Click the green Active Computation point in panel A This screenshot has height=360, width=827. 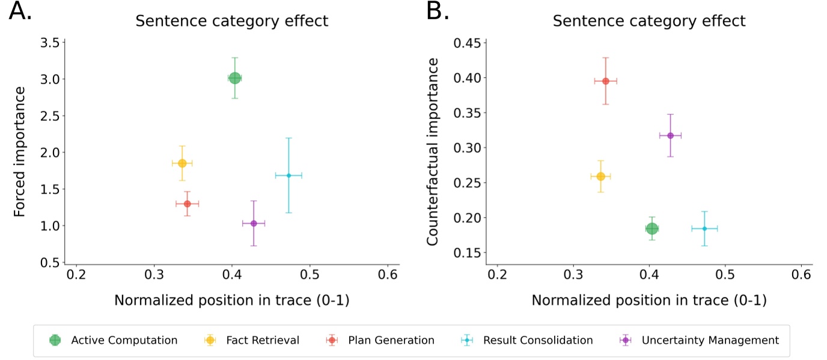point(235,78)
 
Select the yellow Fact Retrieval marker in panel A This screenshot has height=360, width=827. point(182,163)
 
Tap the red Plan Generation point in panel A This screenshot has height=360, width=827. point(187,204)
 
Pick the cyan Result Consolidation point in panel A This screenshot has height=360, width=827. point(288,175)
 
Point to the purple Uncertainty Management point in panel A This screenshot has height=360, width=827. point(254,223)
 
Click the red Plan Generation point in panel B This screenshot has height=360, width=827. point(606,81)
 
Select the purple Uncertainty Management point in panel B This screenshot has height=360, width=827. point(670,135)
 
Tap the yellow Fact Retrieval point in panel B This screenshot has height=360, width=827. point(600,176)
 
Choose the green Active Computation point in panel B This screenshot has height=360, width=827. point(652,228)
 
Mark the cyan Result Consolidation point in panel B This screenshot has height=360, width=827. point(704,228)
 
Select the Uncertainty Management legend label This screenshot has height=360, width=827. point(710,340)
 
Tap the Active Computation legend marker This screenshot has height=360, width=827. point(55,340)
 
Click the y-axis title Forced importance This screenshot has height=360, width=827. point(19,151)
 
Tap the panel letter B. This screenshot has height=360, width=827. point(438,11)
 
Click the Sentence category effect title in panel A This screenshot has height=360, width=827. point(231,21)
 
